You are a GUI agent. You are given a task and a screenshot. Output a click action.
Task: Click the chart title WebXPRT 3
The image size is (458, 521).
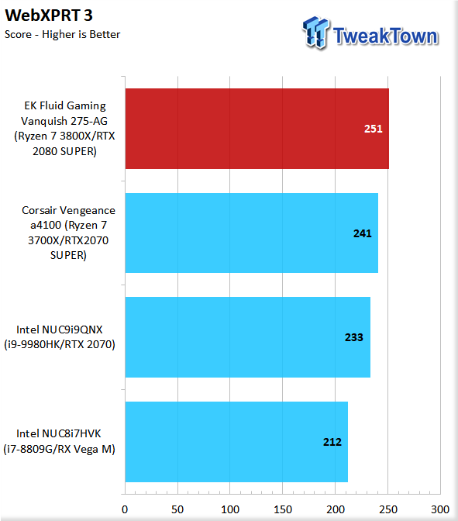tap(49, 16)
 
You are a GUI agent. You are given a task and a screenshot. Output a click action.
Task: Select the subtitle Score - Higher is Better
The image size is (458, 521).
tap(63, 34)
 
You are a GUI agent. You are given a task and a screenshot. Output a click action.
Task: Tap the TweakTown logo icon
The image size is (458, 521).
tap(315, 33)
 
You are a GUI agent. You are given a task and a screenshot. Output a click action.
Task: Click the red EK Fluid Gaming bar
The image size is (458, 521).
tap(257, 129)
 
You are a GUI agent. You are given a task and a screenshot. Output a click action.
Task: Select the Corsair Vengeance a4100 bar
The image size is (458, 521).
tap(251, 233)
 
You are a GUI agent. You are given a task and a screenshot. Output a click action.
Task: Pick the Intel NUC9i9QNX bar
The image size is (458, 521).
tap(247, 337)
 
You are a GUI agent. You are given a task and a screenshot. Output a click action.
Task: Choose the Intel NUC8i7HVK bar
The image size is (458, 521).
tap(236, 442)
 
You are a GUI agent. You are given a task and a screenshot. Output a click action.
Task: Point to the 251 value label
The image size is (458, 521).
tap(374, 129)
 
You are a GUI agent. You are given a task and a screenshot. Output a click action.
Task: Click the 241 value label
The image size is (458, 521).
tap(363, 233)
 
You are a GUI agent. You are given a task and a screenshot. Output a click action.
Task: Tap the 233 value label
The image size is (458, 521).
tap(354, 337)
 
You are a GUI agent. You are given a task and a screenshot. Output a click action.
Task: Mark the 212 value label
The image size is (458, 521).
tap(332, 442)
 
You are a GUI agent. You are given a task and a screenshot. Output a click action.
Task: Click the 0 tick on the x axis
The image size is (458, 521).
tap(125, 509)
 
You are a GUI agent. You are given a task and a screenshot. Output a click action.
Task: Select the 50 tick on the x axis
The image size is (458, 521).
tap(177, 509)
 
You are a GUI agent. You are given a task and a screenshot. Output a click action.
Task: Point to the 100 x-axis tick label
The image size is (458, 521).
tap(230, 509)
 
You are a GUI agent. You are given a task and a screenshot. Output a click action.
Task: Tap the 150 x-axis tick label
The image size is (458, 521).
tap(283, 509)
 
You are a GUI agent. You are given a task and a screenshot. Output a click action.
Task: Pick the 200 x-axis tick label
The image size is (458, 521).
tap(336, 509)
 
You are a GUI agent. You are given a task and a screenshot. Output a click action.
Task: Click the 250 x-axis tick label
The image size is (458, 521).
tap(388, 509)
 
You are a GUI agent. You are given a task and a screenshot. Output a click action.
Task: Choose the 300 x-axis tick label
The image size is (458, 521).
tap(440, 509)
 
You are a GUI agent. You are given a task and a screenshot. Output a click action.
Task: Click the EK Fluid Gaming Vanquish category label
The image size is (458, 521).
tap(64, 129)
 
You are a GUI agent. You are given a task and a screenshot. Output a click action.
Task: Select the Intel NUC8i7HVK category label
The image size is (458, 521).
tap(60, 441)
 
